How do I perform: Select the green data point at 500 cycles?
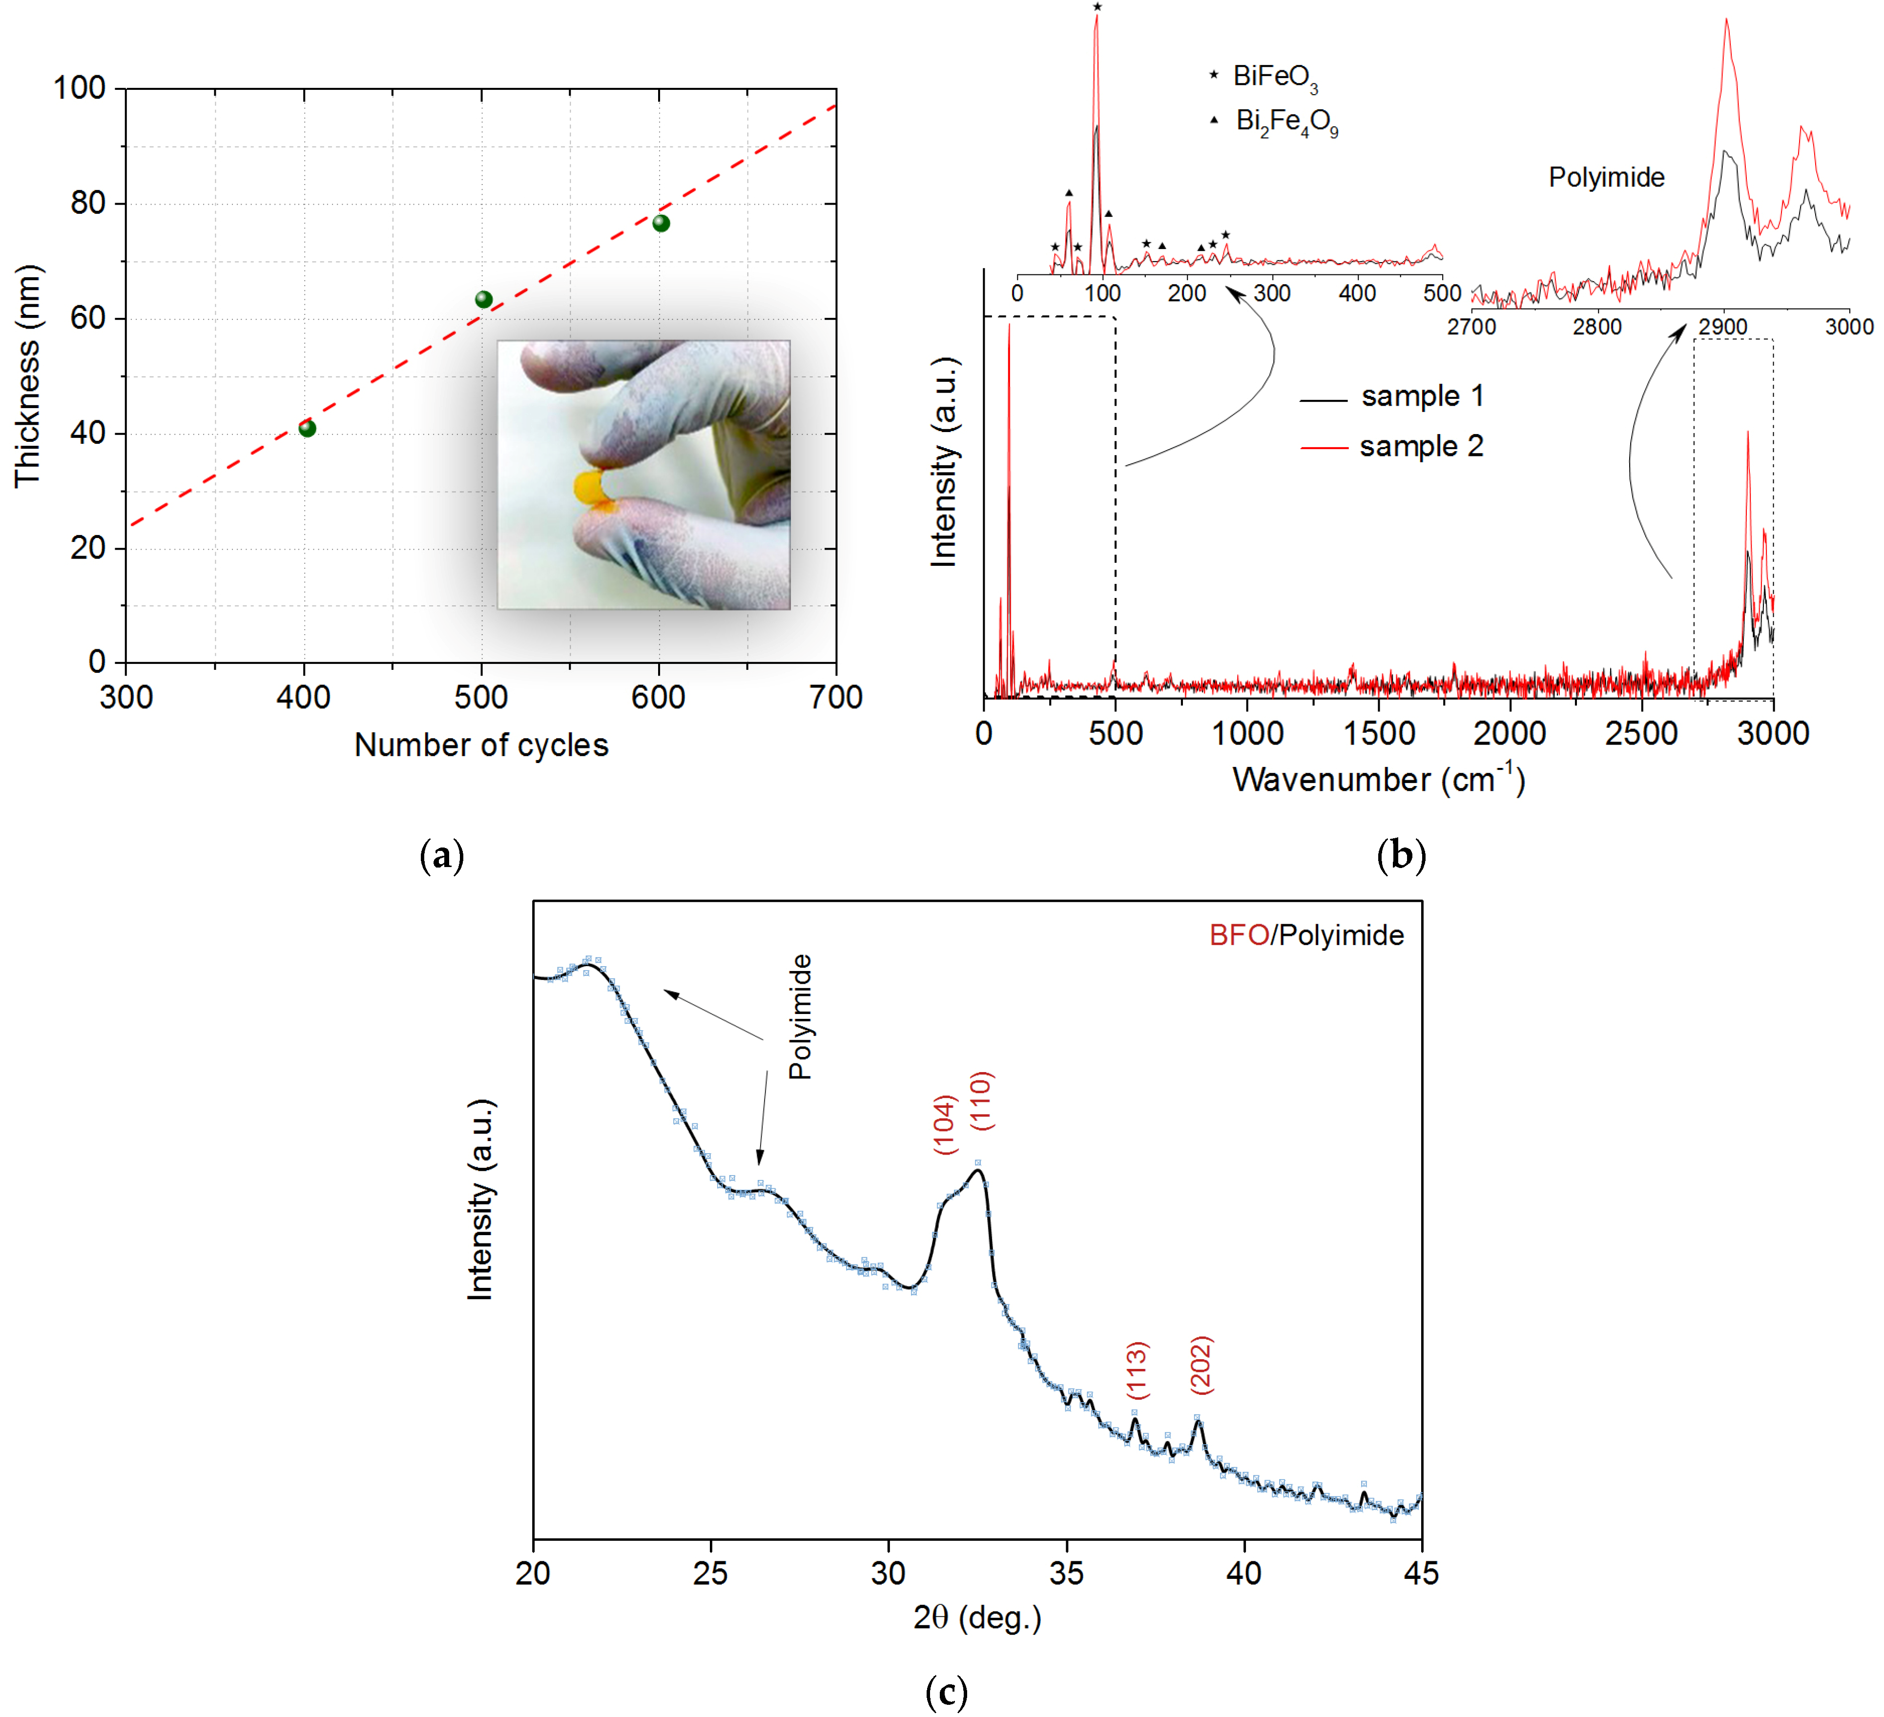pos(483,299)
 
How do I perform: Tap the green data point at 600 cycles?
pos(661,223)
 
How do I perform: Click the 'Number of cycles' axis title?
pos(481,745)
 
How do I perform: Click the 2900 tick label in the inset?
pos(1722,326)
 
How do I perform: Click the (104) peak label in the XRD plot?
pos(945,1124)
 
